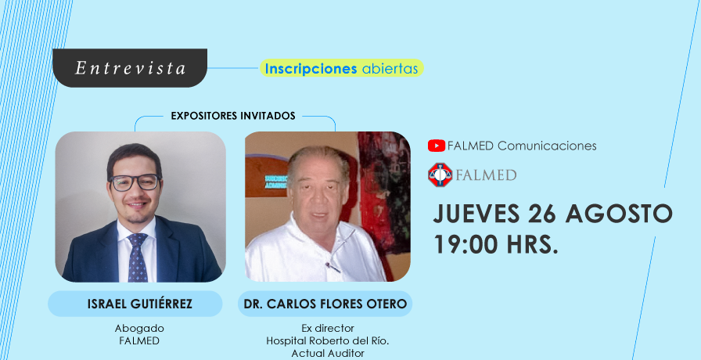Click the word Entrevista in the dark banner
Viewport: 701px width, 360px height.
(x=130, y=68)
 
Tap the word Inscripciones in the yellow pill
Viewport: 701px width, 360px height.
(x=311, y=69)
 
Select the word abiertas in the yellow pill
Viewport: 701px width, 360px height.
(x=390, y=68)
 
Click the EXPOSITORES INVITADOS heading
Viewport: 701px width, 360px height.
(x=233, y=117)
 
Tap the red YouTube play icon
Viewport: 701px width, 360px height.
(x=437, y=146)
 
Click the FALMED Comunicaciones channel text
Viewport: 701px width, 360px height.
(x=522, y=146)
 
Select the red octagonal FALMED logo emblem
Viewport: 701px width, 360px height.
(x=440, y=175)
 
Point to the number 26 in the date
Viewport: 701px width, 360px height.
(x=541, y=214)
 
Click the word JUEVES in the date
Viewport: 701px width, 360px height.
(x=476, y=214)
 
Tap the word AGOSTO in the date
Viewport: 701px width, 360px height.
(x=619, y=214)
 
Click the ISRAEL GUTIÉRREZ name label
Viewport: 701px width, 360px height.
(x=140, y=304)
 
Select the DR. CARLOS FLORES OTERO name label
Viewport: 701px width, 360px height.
(x=325, y=304)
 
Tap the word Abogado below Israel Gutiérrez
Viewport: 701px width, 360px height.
(x=139, y=329)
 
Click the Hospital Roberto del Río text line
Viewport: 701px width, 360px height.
(x=328, y=340)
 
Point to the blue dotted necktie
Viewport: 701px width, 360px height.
(x=137, y=257)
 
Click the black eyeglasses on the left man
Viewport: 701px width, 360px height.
(x=135, y=182)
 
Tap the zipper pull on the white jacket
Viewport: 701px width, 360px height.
(x=333, y=267)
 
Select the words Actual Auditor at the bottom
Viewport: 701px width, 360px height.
(x=328, y=353)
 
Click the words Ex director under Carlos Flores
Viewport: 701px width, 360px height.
(x=328, y=329)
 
